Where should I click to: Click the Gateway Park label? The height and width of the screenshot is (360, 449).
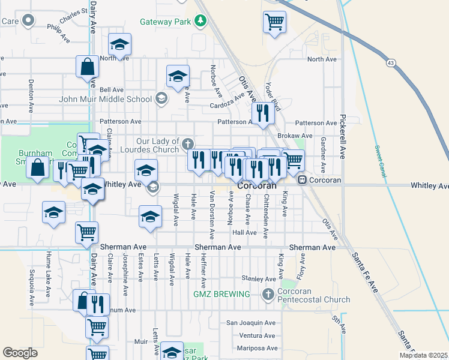click(165, 22)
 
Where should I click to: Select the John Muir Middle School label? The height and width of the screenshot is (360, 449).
click(106, 99)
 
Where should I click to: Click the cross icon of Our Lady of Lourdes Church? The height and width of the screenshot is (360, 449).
click(188, 143)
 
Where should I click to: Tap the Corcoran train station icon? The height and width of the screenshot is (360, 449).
click(303, 179)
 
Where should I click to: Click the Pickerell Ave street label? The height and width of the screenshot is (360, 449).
click(343, 136)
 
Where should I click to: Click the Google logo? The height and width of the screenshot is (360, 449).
click(20, 353)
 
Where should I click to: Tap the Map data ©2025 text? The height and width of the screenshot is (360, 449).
click(423, 355)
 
